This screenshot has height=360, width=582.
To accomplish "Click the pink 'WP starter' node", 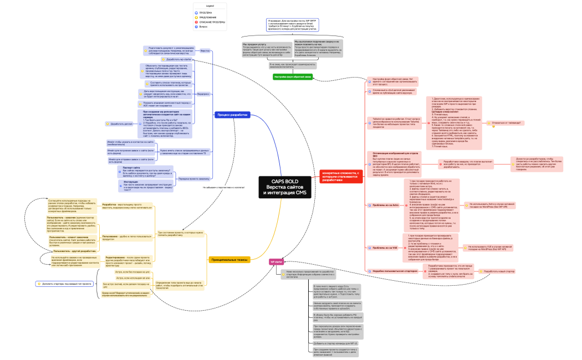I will [x=276, y=261].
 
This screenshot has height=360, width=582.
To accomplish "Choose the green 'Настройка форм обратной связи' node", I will [x=293, y=76].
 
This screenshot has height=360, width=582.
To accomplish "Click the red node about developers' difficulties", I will [x=340, y=177].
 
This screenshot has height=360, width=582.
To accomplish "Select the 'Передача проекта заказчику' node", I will [x=194, y=179].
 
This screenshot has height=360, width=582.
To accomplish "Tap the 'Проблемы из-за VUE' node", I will [x=385, y=248].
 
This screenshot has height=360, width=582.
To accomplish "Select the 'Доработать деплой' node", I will [x=121, y=124].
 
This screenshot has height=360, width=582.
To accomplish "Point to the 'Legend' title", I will [x=210, y=5].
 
